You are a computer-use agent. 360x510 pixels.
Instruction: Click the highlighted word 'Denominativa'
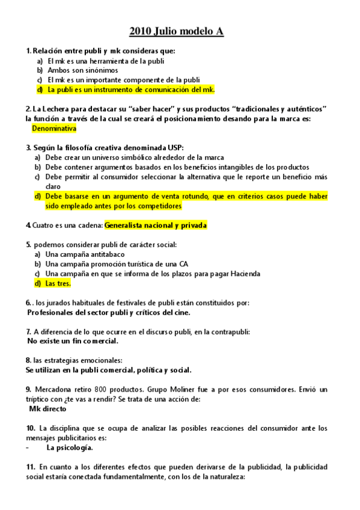coord(54,129)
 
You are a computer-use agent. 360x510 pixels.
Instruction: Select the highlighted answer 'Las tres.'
coord(58,283)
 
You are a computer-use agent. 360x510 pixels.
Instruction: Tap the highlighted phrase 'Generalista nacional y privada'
coord(156,226)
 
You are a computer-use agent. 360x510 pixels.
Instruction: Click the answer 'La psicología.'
coord(70,447)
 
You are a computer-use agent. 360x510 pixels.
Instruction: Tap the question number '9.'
coord(29,389)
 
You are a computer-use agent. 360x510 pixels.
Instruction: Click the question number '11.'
coord(31,466)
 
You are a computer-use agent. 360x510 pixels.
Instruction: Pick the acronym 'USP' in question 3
coord(174,147)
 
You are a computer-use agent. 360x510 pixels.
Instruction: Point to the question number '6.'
coord(29,303)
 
